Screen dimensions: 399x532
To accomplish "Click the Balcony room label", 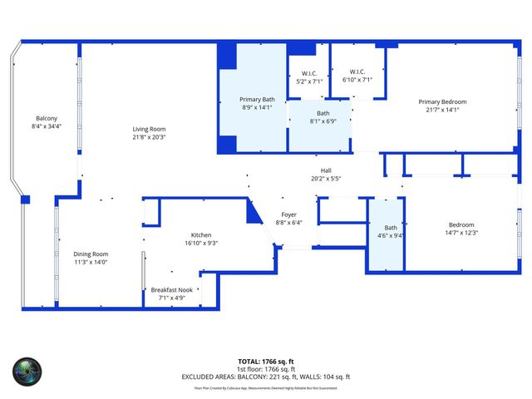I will click(x=47, y=118).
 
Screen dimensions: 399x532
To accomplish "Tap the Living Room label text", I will click(x=150, y=129).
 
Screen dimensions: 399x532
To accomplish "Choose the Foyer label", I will click(x=288, y=214).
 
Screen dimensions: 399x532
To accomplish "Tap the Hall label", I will click(x=327, y=170).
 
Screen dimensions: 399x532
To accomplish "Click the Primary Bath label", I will click(x=257, y=100).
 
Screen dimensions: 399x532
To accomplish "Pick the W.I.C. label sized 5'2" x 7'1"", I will click(x=309, y=72).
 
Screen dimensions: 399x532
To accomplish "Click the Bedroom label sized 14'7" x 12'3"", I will click(x=461, y=224).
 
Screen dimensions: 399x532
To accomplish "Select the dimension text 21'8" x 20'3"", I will click(x=150, y=137).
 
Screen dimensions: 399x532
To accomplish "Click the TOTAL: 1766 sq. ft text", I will click(x=266, y=362).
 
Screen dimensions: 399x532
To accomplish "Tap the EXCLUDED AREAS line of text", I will click(x=266, y=377).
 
